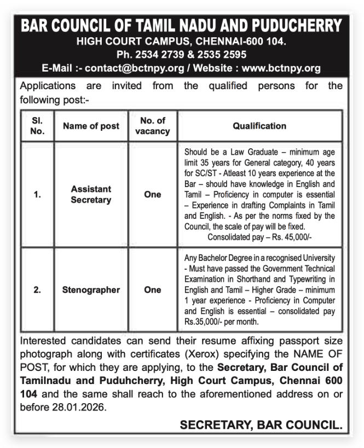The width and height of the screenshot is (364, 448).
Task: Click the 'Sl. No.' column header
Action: pos(37,125)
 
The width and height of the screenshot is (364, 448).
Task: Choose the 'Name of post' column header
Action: pos(91,126)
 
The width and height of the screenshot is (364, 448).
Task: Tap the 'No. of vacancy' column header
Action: pos(152,125)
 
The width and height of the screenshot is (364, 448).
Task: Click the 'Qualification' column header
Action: pos(259,126)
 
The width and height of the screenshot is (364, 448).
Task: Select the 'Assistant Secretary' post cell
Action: pos(91,194)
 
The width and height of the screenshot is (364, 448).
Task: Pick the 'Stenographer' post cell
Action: pos(91,290)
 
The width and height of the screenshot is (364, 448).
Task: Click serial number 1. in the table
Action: pos(37,194)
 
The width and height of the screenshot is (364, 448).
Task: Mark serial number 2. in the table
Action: pos(37,290)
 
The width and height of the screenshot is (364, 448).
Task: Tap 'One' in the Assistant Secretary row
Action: pos(152,194)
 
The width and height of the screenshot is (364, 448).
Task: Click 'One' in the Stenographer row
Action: pos(152,290)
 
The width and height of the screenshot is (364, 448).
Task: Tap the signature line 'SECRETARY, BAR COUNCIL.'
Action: pos(261,424)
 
